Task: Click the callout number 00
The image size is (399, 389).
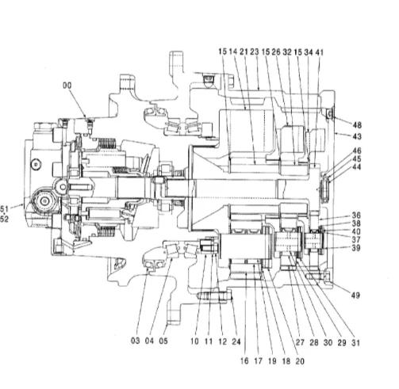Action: [x=67, y=86]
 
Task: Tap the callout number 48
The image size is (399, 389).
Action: [x=357, y=125]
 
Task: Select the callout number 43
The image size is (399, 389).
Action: [x=357, y=136]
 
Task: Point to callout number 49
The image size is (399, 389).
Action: [x=355, y=296]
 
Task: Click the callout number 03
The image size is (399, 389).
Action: [x=136, y=341]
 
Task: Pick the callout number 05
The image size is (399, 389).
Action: [x=163, y=341]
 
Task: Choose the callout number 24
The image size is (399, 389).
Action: [x=236, y=341]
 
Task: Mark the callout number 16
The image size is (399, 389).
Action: [x=244, y=360]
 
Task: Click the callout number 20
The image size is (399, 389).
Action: [x=300, y=361]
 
